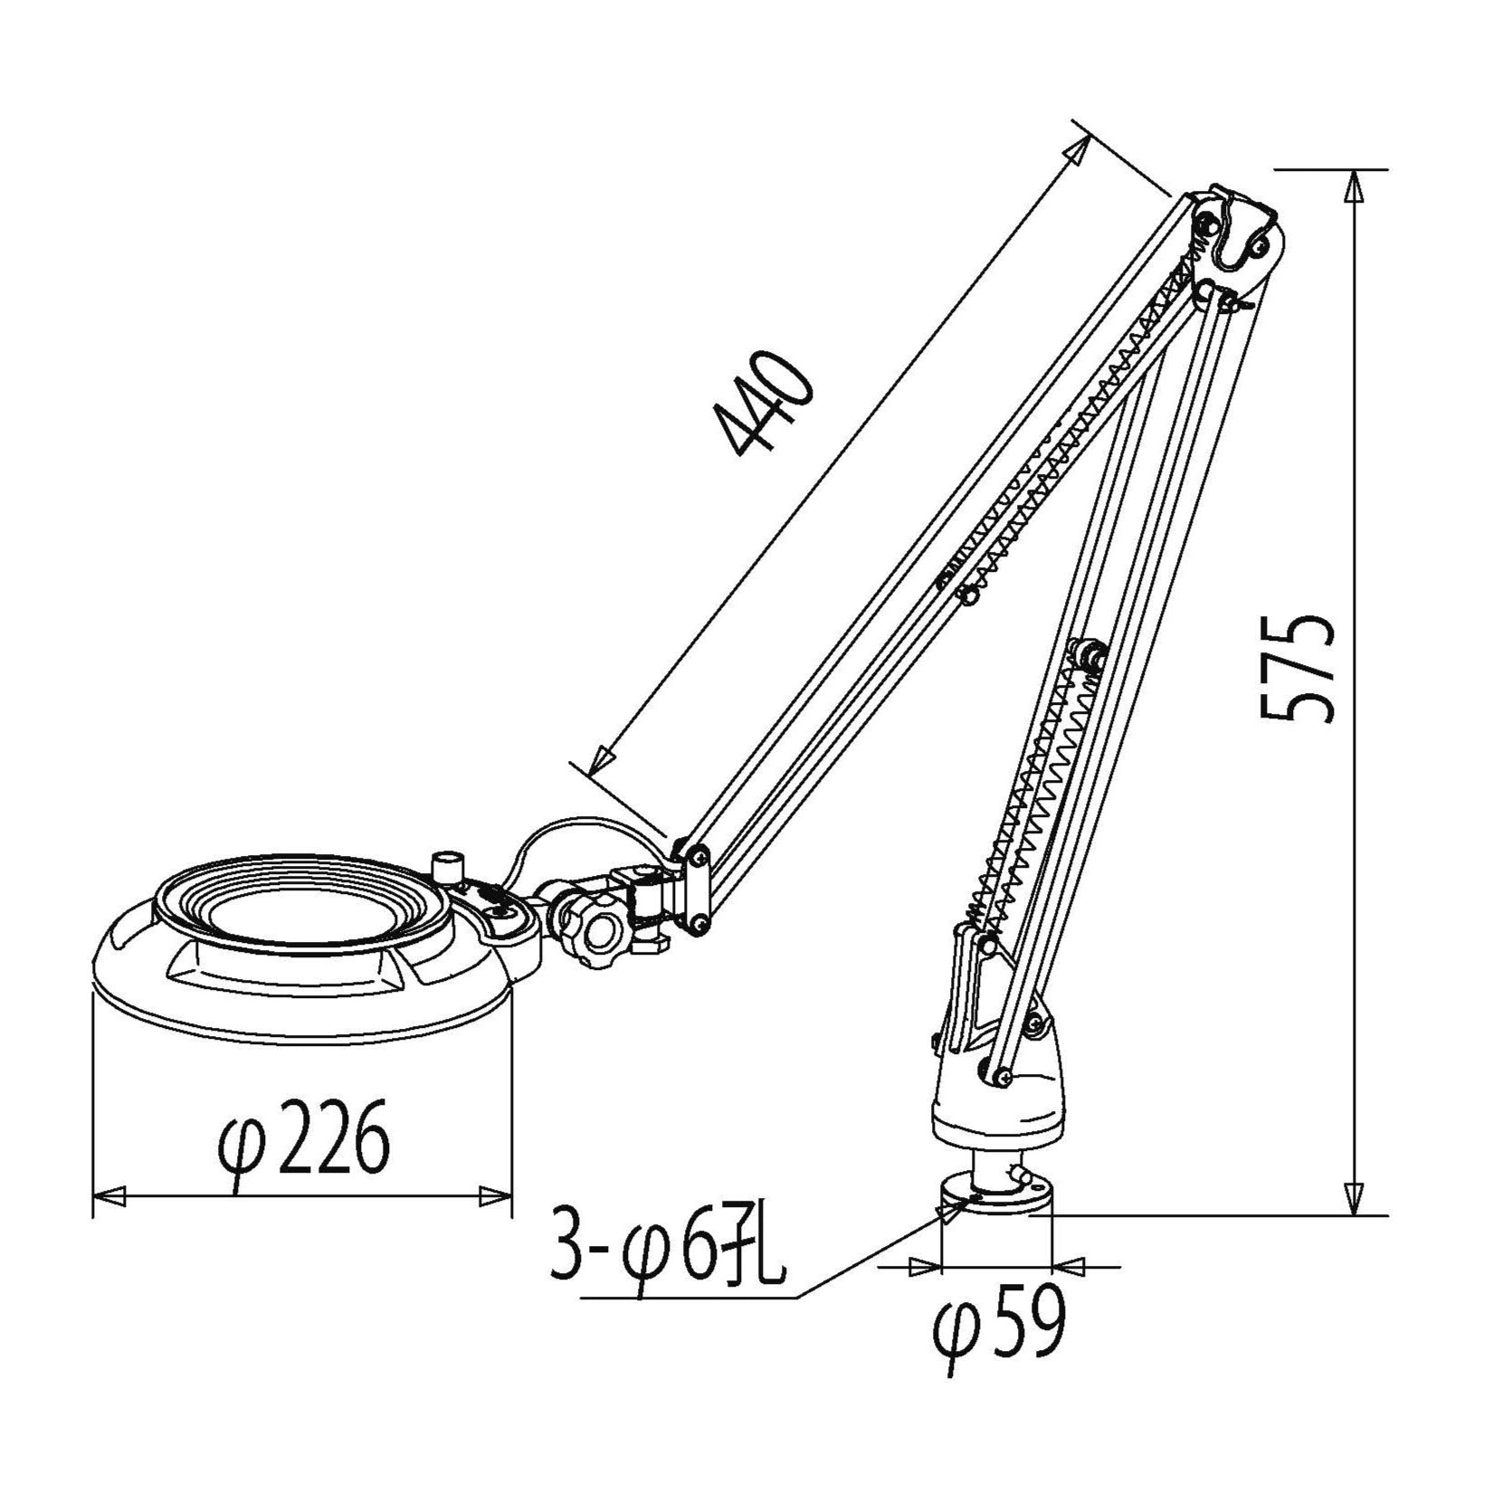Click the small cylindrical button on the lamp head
pyautogui.click(x=445, y=866)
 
